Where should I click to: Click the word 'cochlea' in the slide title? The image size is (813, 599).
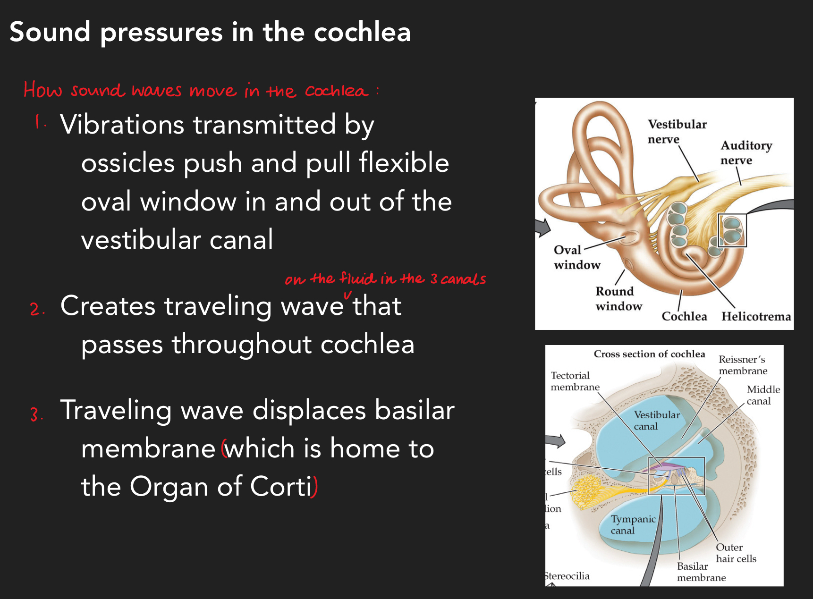click(x=362, y=32)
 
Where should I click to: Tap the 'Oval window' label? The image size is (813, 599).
click(x=576, y=257)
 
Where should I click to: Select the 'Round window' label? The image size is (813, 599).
click(x=618, y=298)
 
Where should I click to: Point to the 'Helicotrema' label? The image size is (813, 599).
click(x=756, y=316)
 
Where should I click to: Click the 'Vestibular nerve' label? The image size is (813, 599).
click(x=677, y=131)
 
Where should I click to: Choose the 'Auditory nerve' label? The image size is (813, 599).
click(x=746, y=152)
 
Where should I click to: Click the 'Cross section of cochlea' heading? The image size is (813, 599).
click(x=649, y=354)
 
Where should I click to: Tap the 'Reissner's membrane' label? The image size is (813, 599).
click(x=743, y=365)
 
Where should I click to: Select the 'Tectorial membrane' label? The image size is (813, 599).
click(x=575, y=381)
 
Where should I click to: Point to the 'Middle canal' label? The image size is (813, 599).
click(x=762, y=395)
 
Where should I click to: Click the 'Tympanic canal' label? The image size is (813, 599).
click(x=633, y=524)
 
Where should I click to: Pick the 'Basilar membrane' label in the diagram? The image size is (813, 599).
click(x=701, y=572)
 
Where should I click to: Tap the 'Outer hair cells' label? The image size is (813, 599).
click(x=736, y=553)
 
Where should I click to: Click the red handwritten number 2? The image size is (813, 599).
click(x=35, y=309)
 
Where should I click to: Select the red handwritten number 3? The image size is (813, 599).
click(x=34, y=414)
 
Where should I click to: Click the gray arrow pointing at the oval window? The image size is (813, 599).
click(x=543, y=228)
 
